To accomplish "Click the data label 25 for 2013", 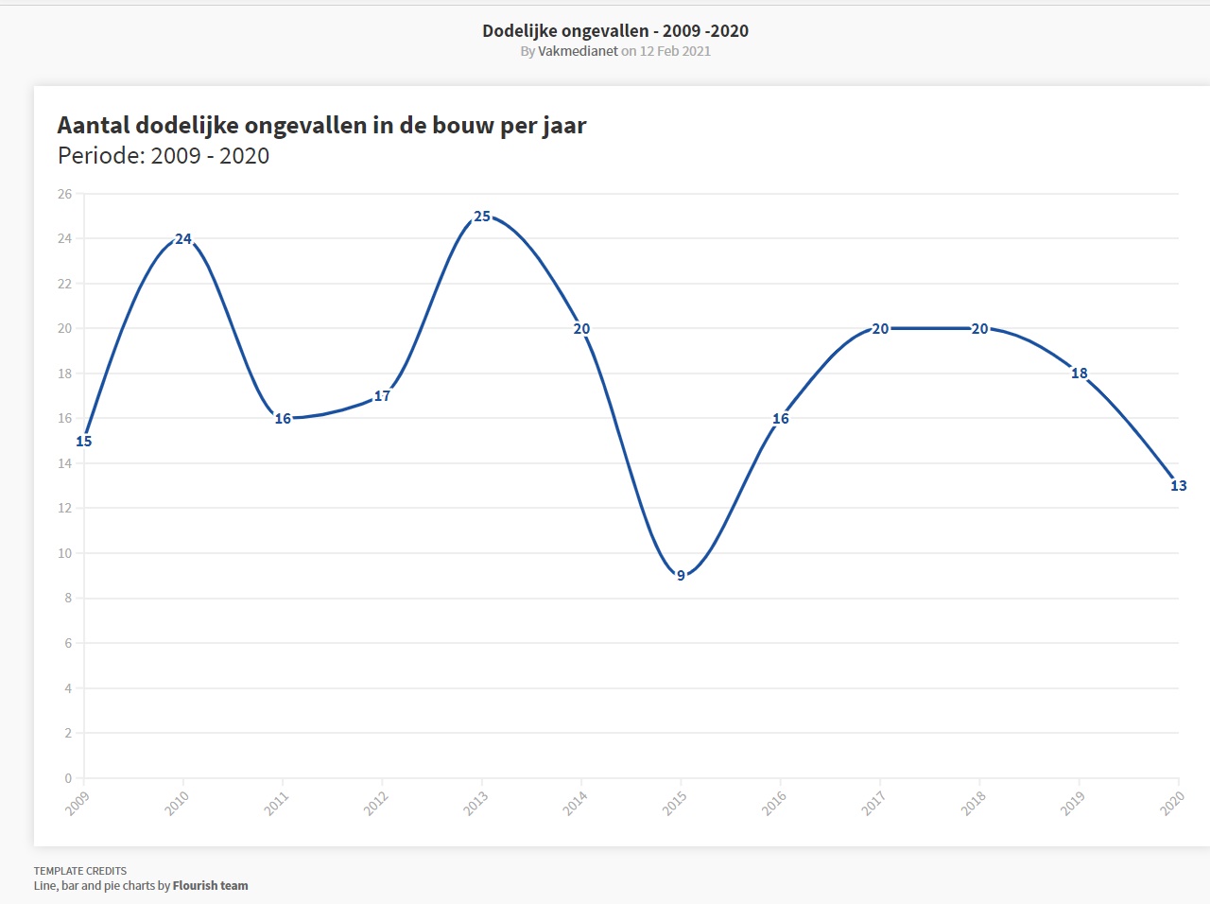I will point(482,217).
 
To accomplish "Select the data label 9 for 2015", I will point(681,576).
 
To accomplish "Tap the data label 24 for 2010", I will point(183,239).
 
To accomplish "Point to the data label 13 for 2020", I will point(1178,486).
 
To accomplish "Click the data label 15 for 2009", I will point(84,442).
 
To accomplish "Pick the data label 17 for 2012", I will point(382,396).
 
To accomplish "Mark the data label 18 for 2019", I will point(1079,374).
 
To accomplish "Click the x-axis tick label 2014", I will point(576,803).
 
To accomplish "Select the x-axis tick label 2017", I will point(873,803).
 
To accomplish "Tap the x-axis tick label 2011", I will point(277,803).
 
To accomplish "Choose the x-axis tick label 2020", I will point(1172,803).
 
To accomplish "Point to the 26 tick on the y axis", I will point(64,194).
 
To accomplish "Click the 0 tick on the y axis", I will point(68,778).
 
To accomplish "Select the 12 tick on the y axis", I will point(64,509).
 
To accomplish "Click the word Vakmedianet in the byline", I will point(578,51).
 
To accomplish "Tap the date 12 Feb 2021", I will point(675,51).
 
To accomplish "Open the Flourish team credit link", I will point(210,886).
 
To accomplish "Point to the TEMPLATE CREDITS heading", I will point(80,871).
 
